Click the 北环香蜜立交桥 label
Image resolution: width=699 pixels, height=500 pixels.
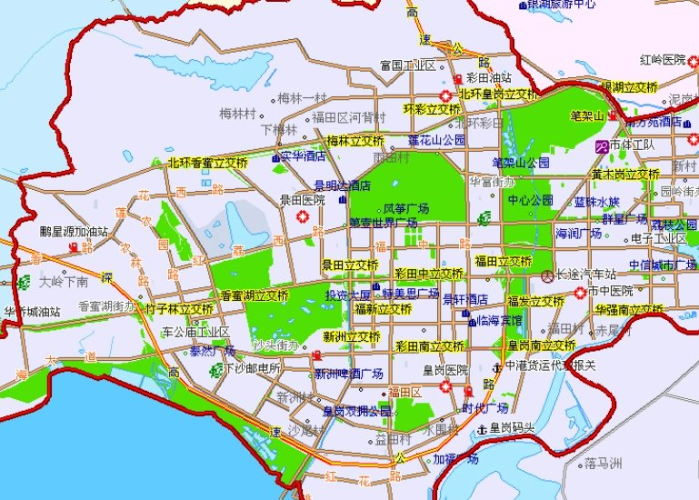(207, 163)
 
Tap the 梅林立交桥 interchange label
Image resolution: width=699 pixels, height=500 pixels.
(354, 141)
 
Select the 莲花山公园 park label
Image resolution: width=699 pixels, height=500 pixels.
(436, 140)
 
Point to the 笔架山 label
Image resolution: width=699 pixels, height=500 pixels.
(587, 116)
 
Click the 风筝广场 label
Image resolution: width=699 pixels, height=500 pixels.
(406, 209)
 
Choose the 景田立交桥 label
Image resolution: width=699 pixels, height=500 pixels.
(350, 265)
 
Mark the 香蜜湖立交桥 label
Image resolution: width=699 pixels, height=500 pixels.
(255, 295)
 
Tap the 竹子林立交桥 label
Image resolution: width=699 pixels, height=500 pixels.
(179, 309)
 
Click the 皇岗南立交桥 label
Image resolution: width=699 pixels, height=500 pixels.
(541, 345)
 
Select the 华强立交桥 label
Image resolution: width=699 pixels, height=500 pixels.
(629, 309)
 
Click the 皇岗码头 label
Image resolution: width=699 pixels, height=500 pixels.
(512, 427)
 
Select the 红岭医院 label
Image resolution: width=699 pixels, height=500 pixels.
(663, 60)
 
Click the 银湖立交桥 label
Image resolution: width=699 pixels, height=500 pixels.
(629, 86)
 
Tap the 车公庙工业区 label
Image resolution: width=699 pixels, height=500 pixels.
(195, 332)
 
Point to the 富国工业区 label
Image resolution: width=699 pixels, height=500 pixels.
(408, 65)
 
